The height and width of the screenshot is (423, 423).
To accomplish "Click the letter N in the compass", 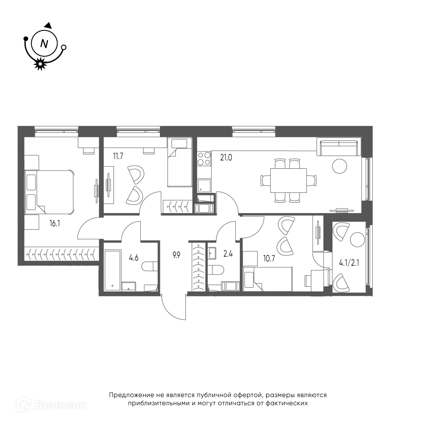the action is point(44,44).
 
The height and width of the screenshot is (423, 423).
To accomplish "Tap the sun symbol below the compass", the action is point(40,64).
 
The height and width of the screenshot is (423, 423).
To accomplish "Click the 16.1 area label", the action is point(55,223).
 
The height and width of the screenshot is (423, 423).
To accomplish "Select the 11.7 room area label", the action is point(118,156).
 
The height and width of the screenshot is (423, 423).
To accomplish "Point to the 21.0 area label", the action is point(226,157).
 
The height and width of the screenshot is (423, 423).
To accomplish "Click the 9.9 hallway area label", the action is point(176,255).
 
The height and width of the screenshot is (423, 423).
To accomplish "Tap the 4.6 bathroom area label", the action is point(134,258).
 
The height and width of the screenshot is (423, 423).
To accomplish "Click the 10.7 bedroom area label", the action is point(269,258).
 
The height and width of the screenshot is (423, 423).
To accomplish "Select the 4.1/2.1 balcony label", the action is point(349,263).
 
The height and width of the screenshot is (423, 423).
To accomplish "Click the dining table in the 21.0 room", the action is point(288,181).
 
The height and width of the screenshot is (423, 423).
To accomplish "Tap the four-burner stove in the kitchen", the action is point(204,159).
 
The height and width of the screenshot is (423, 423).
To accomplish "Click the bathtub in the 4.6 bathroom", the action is point(113,271).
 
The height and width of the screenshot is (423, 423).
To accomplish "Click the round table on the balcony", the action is point(357,239).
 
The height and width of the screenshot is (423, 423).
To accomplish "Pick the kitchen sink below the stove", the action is point(204,186).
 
